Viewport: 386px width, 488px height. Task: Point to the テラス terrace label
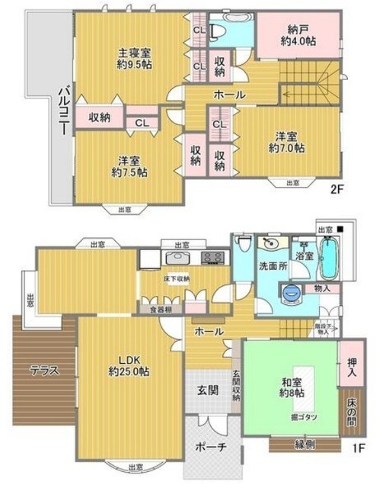click(43, 371)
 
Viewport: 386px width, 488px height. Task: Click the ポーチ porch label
click(209, 447)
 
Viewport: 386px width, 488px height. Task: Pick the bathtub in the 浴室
click(329, 258)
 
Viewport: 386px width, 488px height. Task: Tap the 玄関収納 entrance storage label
click(235, 386)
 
